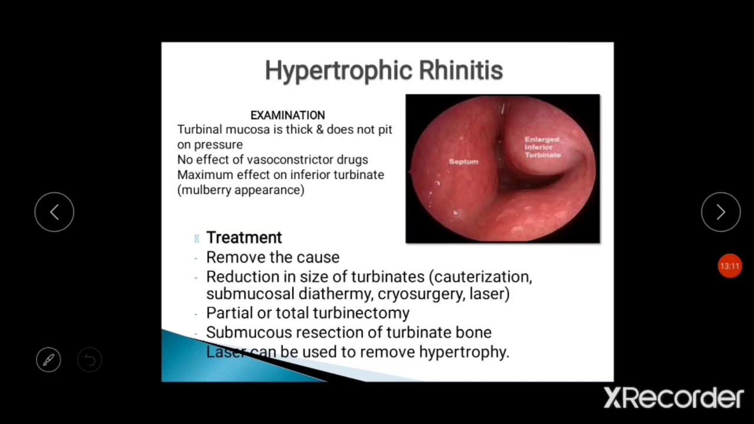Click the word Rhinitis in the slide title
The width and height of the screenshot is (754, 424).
coord(461,71)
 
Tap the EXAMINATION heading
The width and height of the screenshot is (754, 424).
coord(287,115)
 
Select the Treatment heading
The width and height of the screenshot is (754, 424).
coord(244,237)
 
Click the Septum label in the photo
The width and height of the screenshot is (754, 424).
coord(464,161)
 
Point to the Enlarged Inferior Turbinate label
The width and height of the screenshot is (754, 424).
coord(542,147)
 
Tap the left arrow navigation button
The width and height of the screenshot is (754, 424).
coord(54,212)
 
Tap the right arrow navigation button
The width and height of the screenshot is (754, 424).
coord(720,212)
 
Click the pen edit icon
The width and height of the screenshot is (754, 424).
coord(48,359)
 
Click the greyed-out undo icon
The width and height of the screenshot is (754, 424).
coord(90,359)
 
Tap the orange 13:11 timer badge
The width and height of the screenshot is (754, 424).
coord(729,266)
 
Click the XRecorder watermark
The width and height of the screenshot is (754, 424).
coord(673,398)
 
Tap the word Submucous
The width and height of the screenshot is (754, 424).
coord(249,332)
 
